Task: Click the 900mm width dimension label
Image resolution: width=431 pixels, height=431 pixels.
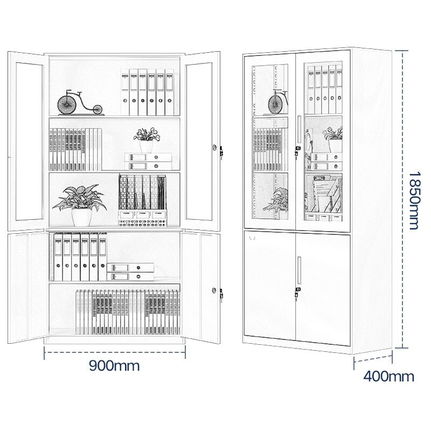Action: pyautogui.click(x=114, y=366)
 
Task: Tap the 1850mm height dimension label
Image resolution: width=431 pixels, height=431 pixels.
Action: pyautogui.click(x=414, y=200)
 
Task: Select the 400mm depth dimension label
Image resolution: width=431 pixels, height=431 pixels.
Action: pyautogui.click(x=388, y=376)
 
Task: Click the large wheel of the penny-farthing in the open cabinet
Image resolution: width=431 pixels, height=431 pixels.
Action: pyautogui.click(x=67, y=103)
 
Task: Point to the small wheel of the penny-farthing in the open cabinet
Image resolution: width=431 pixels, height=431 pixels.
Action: pyautogui.click(x=97, y=110)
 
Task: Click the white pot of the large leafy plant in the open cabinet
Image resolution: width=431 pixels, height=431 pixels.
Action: pyautogui.click(x=81, y=217)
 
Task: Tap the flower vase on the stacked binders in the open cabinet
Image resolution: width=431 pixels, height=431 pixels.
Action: pyautogui.click(x=146, y=147)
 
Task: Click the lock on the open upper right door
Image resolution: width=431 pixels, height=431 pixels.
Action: pyautogui.click(x=214, y=148)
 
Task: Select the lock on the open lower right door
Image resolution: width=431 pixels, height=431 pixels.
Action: pyautogui.click(x=214, y=290)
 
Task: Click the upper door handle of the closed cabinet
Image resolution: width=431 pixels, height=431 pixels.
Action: pyautogui.click(x=299, y=129)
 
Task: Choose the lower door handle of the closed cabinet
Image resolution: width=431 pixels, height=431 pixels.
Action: pyautogui.click(x=299, y=270)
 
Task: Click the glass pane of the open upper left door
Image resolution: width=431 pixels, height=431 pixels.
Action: pyautogui.click(x=30, y=141)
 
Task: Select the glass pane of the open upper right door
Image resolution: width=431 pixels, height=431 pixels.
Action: pyautogui.click(x=199, y=141)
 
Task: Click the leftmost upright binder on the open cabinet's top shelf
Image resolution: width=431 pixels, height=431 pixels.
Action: pyautogui.click(x=125, y=92)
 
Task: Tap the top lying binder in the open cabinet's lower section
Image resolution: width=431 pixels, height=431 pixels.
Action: pyautogui.click(x=130, y=267)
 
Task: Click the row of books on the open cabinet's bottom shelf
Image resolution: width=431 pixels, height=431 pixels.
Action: pyautogui.click(x=128, y=312)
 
